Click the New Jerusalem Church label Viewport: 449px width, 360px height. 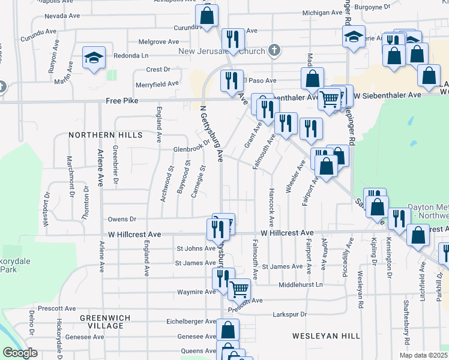tap(221, 52)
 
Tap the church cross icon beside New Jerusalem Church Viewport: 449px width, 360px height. tap(274, 50)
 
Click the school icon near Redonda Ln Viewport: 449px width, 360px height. tap(94, 58)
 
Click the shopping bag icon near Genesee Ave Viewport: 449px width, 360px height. tap(228, 329)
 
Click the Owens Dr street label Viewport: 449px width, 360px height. tap(122, 220)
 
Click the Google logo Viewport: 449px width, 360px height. tap(20, 353)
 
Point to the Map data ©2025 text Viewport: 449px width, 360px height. tap(424, 356)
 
